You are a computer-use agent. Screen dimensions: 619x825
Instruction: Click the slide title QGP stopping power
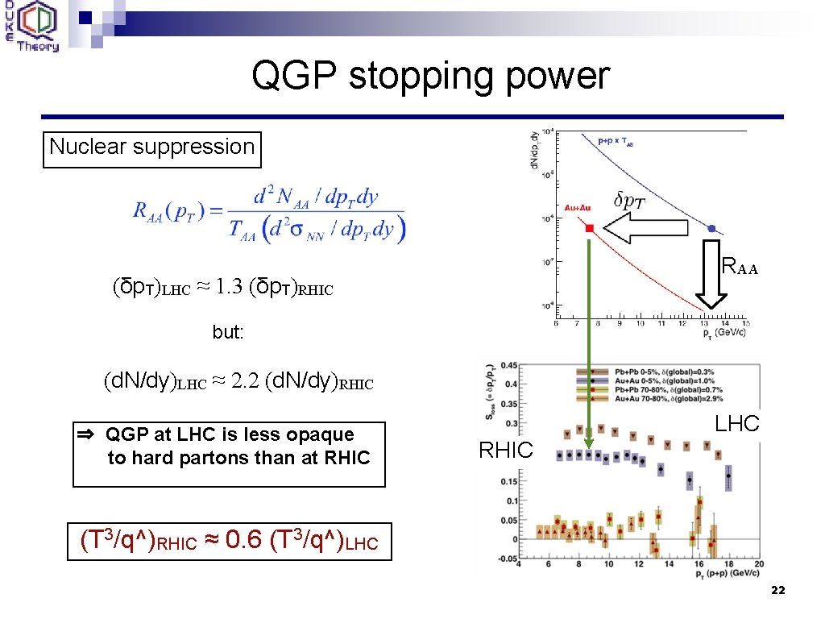pos(430,77)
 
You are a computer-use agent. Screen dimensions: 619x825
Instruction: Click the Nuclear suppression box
pos(151,147)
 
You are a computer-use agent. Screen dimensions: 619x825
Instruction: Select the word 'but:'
pos(228,332)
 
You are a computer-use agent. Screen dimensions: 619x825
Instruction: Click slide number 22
pos(777,591)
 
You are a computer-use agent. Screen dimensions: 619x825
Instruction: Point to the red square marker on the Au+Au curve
pos(589,229)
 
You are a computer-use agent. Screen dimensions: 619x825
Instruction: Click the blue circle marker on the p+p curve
pos(711,229)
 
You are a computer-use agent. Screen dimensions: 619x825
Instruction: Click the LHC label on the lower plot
pos(737,424)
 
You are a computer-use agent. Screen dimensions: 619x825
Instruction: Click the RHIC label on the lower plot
pos(505,451)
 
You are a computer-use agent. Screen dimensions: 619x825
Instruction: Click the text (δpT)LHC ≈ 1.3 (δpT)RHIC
pos(223,287)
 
